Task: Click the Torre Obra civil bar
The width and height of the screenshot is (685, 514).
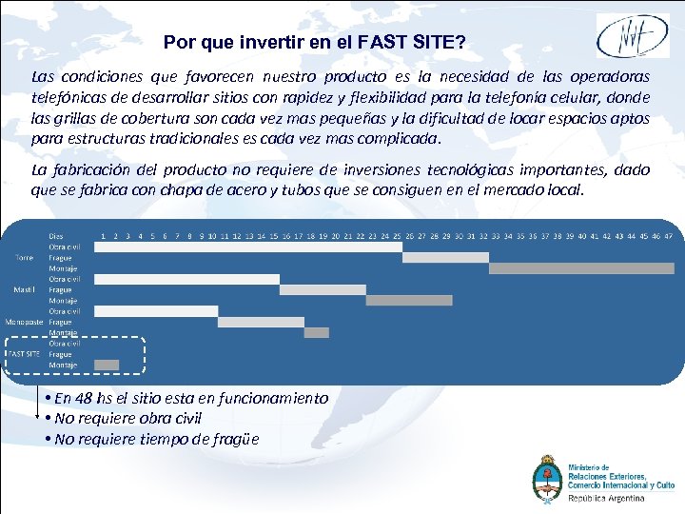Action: (x=247, y=247)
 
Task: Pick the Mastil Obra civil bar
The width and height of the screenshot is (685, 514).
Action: (x=186, y=279)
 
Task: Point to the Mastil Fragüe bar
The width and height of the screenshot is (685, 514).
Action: (x=323, y=289)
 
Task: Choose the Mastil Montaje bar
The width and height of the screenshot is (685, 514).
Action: (x=396, y=301)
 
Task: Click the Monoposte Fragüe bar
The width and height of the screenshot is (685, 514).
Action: (x=260, y=322)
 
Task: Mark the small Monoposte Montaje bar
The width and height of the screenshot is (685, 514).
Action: (x=317, y=332)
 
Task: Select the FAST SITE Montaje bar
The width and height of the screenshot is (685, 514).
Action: (x=107, y=365)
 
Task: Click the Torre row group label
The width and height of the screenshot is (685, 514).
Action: (x=24, y=257)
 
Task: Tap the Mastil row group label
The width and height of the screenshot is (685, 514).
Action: (x=24, y=289)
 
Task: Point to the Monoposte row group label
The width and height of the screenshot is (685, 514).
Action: (x=24, y=322)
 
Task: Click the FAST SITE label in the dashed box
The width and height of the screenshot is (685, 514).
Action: (x=24, y=354)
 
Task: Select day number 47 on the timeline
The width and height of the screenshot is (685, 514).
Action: (x=668, y=235)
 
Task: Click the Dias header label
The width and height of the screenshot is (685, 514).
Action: (x=57, y=235)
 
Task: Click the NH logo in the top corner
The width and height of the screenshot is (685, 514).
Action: (x=632, y=35)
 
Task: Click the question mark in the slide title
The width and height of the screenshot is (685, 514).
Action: (x=460, y=43)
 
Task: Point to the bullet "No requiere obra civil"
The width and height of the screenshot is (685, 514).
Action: (x=128, y=419)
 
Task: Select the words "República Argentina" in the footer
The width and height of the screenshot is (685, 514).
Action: (x=606, y=498)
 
